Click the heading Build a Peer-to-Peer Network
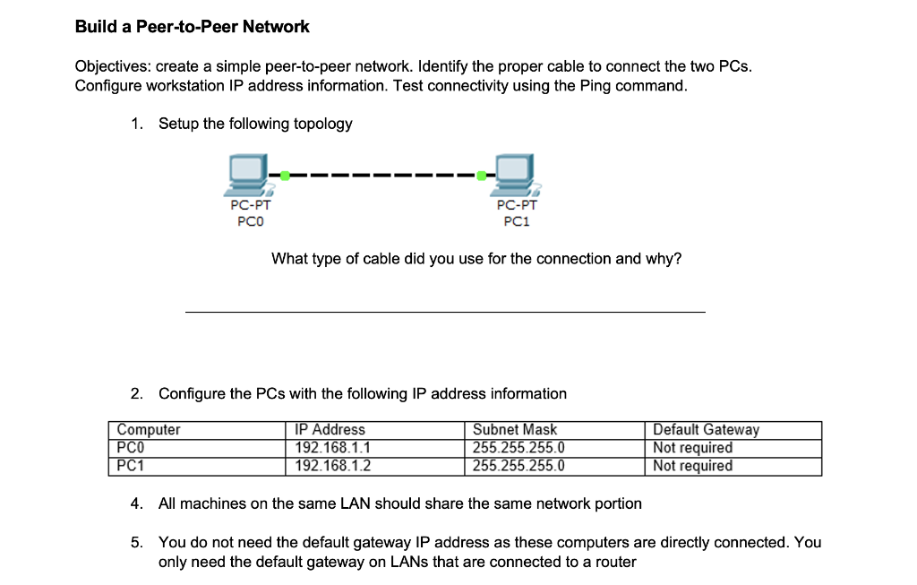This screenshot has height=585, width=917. click(x=192, y=27)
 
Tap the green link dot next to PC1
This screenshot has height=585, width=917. click(x=484, y=176)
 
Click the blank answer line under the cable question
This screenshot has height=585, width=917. click(x=444, y=310)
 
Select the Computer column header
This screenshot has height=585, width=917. click(x=149, y=430)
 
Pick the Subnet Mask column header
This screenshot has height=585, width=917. click(x=515, y=430)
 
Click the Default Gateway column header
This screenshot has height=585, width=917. click(x=706, y=430)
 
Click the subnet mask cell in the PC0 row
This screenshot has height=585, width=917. click(x=518, y=448)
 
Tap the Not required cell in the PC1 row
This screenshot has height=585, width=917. click(x=692, y=466)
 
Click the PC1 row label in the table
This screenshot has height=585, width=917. click(x=131, y=466)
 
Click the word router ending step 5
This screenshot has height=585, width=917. click(x=614, y=563)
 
